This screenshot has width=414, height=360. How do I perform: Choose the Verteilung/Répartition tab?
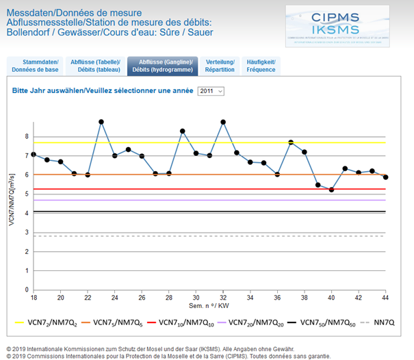(x=220, y=66)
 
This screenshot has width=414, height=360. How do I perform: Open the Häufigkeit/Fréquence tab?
(x=261, y=66)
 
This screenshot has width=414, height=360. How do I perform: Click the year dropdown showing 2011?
(x=211, y=91)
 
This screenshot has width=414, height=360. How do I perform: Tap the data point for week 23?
(x=101, y=122)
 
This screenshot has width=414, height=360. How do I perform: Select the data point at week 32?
(x=223, y=122)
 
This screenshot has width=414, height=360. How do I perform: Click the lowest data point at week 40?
(x=331, y=190)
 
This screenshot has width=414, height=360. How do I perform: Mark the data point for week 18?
(x=34, y=155)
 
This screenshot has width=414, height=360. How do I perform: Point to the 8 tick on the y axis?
(x=27, y=137)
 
